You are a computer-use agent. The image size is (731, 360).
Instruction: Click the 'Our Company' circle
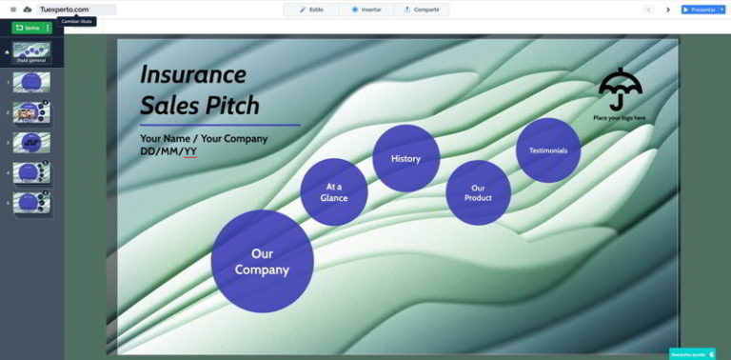pos(262,262)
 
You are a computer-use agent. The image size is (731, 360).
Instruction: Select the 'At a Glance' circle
pos(334,191)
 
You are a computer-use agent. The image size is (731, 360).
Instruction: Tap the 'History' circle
pos(405,158)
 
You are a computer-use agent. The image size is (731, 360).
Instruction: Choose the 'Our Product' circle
pos(478,192)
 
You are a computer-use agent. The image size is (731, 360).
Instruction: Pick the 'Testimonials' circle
pos(548,150)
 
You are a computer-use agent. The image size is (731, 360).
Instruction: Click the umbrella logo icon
pos(620,90)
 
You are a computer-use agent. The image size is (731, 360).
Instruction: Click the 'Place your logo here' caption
pos(620,118)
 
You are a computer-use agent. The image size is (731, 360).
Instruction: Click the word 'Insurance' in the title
pos(193,74)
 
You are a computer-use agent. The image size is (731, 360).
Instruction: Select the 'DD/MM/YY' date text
pos(168,151)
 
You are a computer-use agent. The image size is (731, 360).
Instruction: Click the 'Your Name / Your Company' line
pos(204,138)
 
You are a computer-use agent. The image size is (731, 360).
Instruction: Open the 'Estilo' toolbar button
pos(311,10)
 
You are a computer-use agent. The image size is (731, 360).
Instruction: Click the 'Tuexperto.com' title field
pos(65,10)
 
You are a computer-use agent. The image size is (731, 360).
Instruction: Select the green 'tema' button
pos(29,28)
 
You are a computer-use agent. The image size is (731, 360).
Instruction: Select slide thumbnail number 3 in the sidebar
pos(32,143)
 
